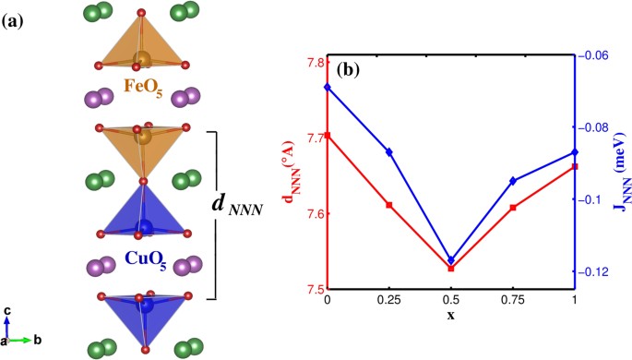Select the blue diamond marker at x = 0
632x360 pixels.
(328, 87)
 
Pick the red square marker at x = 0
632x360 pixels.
(328, 136)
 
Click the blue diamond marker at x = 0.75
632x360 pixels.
(513, 181)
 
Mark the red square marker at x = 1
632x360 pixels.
(575, 166)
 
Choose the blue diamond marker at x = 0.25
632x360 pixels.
(389, 151)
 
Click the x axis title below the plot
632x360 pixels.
(450, 316)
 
